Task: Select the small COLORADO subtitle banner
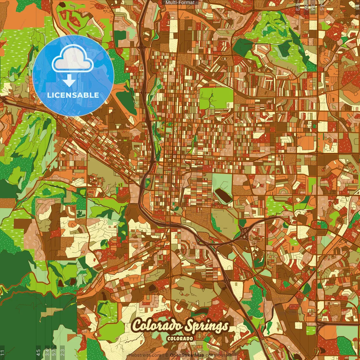coord(180,338)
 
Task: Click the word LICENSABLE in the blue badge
coord(73,95)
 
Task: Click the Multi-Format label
coord(180,3)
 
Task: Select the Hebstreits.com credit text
coord(145,355)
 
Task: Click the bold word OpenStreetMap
coord(187,355)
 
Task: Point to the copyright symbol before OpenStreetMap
coord(167,355)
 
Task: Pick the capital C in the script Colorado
coord(138,326)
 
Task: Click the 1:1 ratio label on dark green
coord(2,353)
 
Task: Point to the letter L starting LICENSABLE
coord(49,95)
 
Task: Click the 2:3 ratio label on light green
coord(62,352)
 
